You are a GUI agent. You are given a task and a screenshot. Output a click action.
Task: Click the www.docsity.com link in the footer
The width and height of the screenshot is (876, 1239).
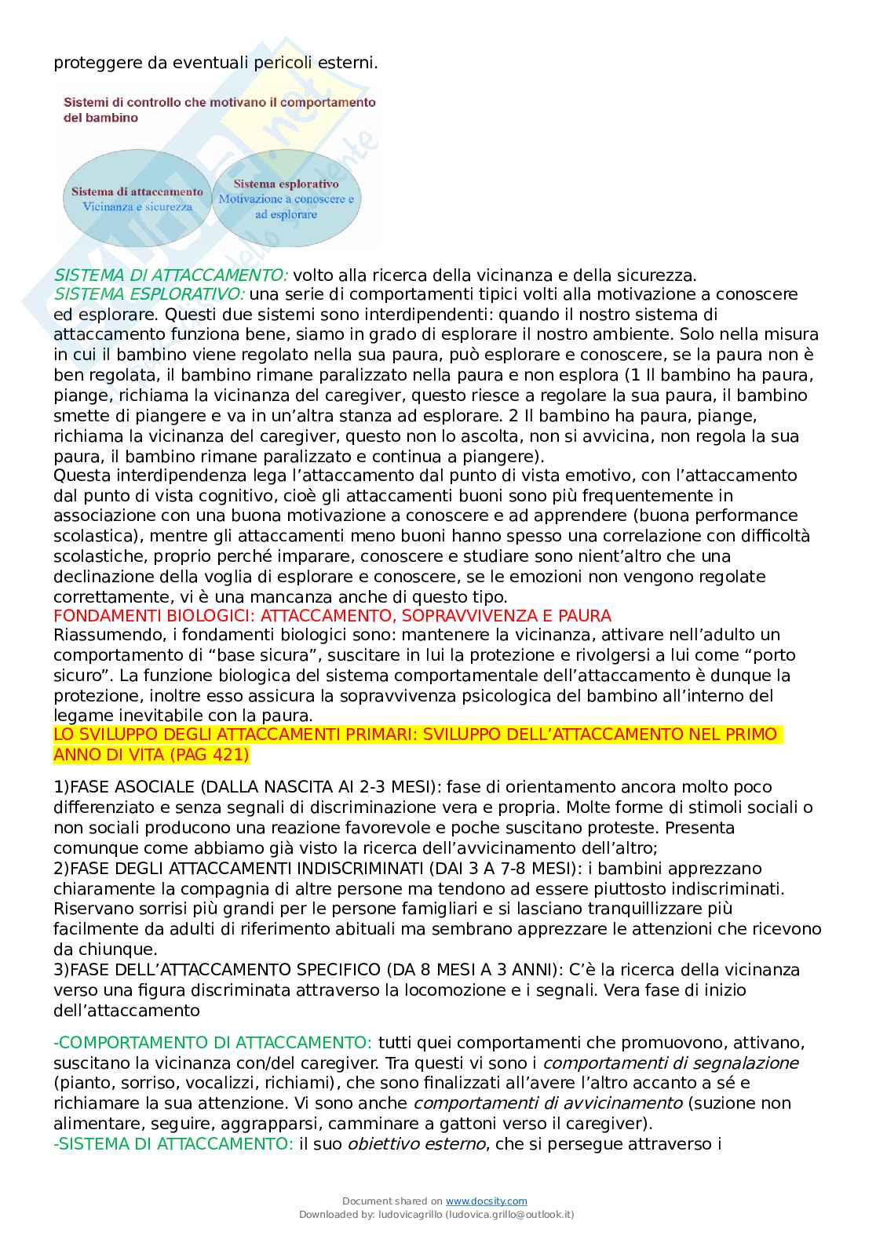pos(486,1201)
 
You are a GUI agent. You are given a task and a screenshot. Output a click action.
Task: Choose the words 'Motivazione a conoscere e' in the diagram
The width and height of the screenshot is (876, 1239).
pos(286,199)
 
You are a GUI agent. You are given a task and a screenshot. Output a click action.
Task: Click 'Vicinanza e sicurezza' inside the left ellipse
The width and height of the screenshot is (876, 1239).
pos(137,207)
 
